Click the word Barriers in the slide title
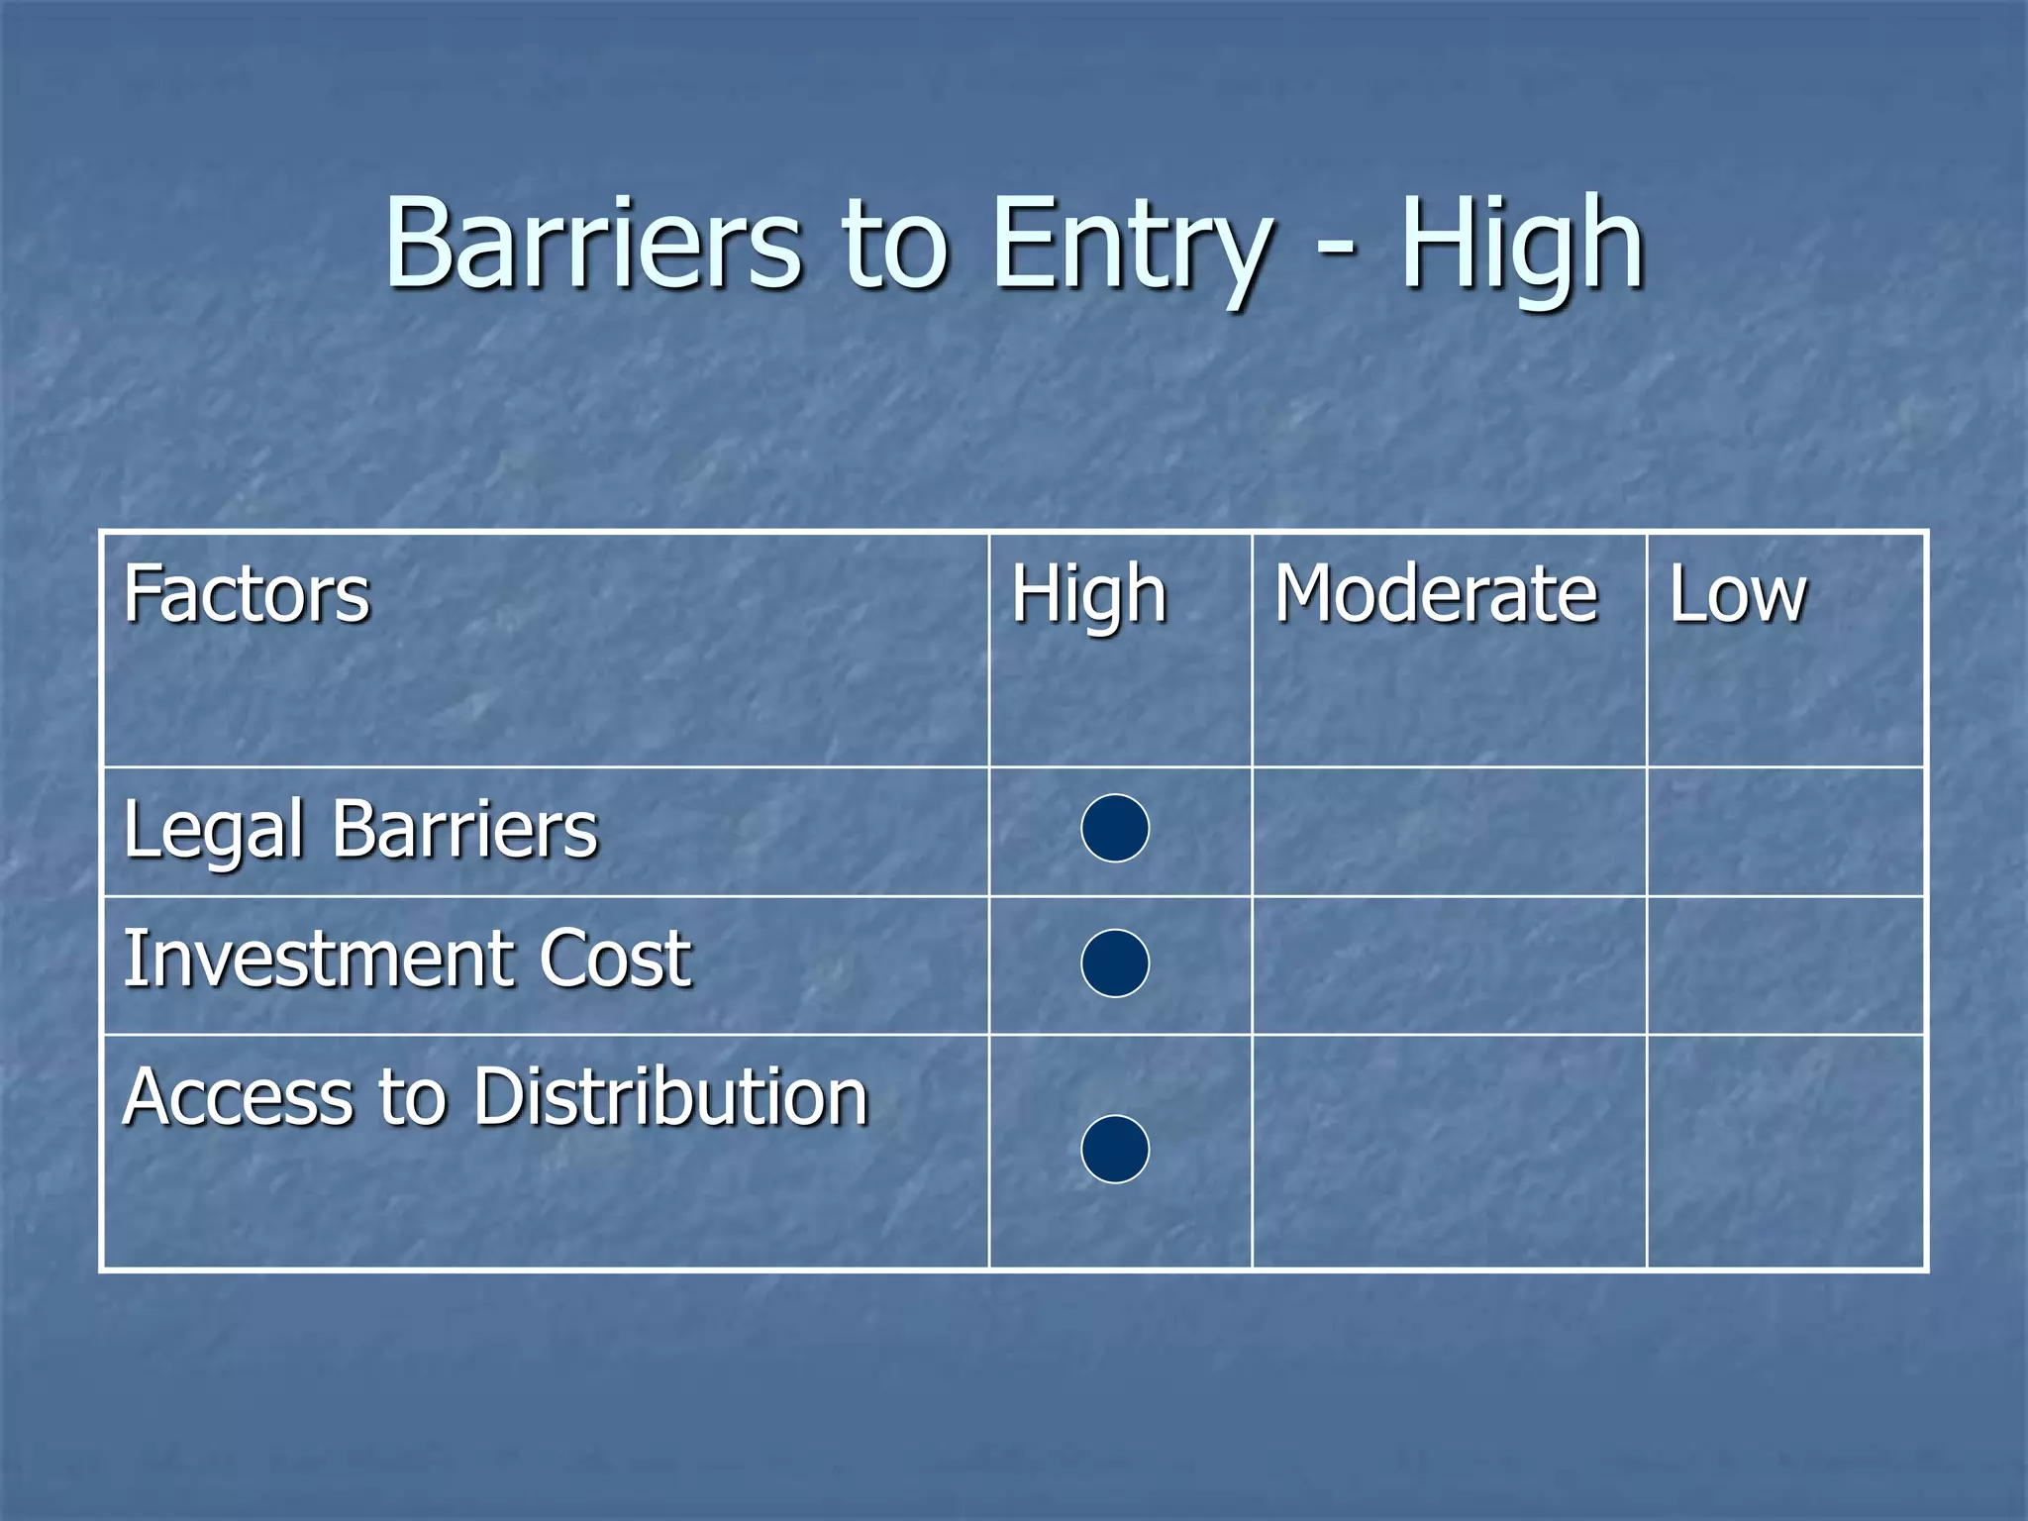pos(592,244)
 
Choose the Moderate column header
pos(1435,594)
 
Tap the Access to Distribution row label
pos(495,1097)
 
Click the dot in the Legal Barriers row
pos(1115,828)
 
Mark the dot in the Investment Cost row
pos(1115,963)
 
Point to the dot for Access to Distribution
pos(1115,1149)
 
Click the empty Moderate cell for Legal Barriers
pos(1449,832)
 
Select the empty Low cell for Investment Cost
pos(1785,965)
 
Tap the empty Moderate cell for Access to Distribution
pos(1449,1151)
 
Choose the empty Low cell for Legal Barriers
pos(1785,832)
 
